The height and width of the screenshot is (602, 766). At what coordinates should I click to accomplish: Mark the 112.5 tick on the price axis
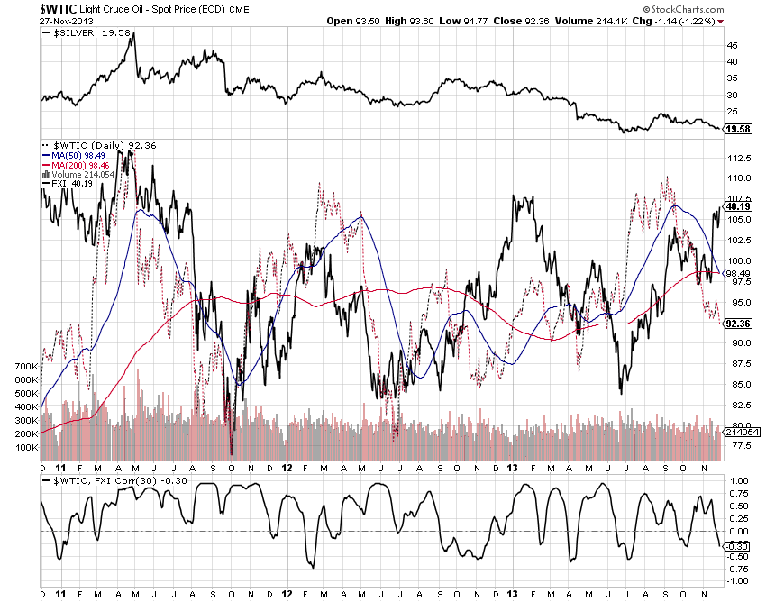(x=738, y=157)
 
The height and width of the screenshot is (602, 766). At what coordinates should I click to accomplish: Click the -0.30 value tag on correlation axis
(x=737, y=545)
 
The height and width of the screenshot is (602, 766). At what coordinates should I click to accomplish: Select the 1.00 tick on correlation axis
(x=736, y=481)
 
